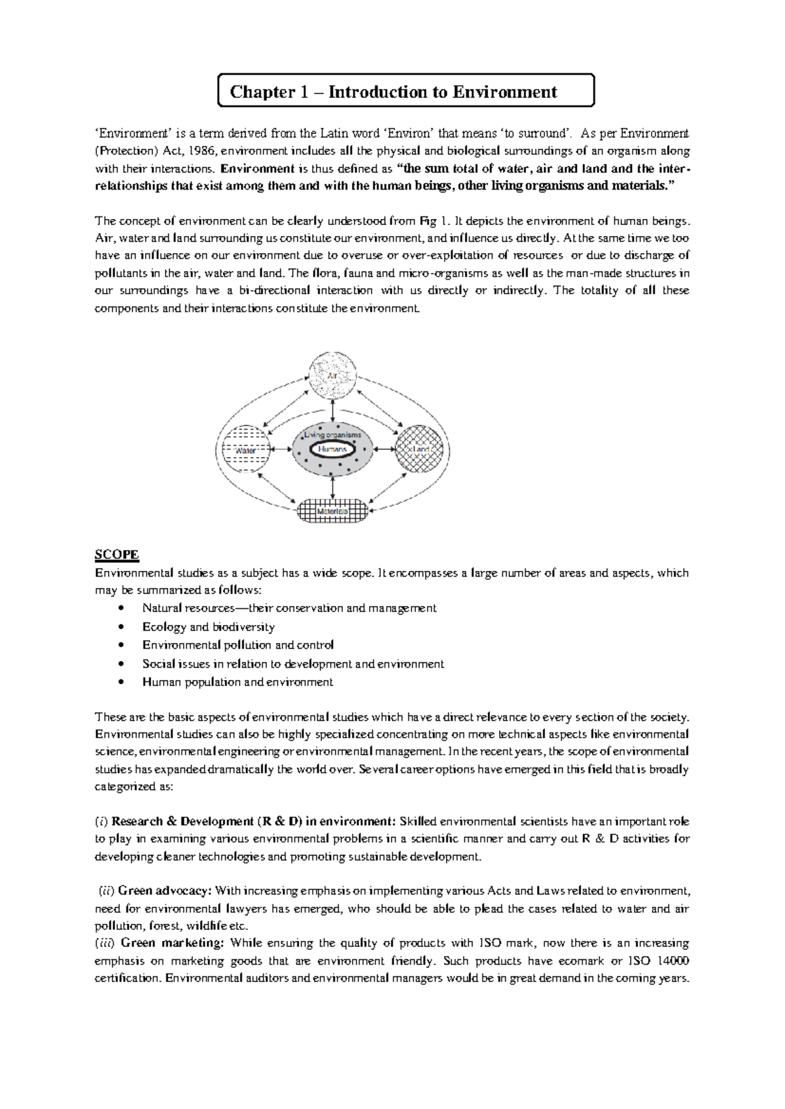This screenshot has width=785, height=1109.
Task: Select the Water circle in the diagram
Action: (x=245, y=450)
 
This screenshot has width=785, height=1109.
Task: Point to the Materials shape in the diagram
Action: (x=332, y=510)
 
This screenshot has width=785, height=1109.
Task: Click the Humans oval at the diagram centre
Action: (x=333, y=450)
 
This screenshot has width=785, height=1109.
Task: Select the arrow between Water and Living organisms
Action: (x=281, y=450)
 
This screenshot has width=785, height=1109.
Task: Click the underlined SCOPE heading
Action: (x=116, y=554)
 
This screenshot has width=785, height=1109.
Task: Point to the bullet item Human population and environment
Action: (x=237, y=682)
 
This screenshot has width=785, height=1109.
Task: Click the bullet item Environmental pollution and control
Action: (x=238, y=645)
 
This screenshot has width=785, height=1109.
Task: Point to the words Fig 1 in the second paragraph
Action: (x=432, y=220)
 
